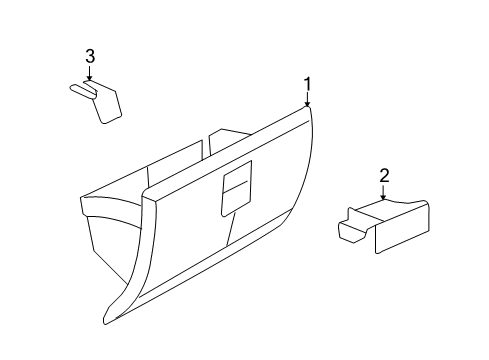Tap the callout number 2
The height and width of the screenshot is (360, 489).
[383, 176]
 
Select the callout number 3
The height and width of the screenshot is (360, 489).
[89, 56]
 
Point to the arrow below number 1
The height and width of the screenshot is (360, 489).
[308, 99]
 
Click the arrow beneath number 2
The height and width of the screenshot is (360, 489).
[383, 193]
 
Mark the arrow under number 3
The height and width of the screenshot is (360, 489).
[89, 73]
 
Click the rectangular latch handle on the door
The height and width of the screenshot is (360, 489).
[236, 190]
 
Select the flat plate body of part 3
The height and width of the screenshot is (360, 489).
[106, 101]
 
